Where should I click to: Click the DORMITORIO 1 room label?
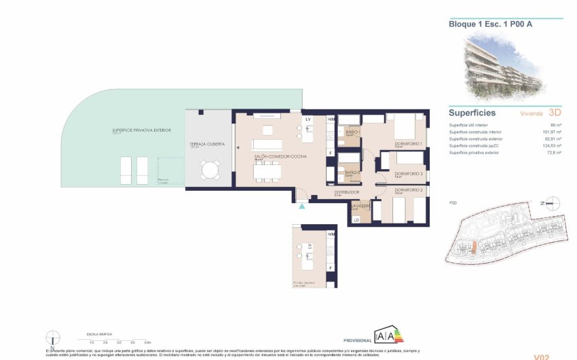coord(409,144)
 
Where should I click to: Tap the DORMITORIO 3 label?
coord(409,174)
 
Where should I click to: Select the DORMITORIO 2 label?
coord(409,190)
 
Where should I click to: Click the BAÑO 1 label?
coord(352,132)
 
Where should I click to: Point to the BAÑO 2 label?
coord(352,173)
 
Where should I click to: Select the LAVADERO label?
coord(360,205)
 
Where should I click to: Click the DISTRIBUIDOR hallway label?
coord(346,192)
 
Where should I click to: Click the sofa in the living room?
coord(267,145)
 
